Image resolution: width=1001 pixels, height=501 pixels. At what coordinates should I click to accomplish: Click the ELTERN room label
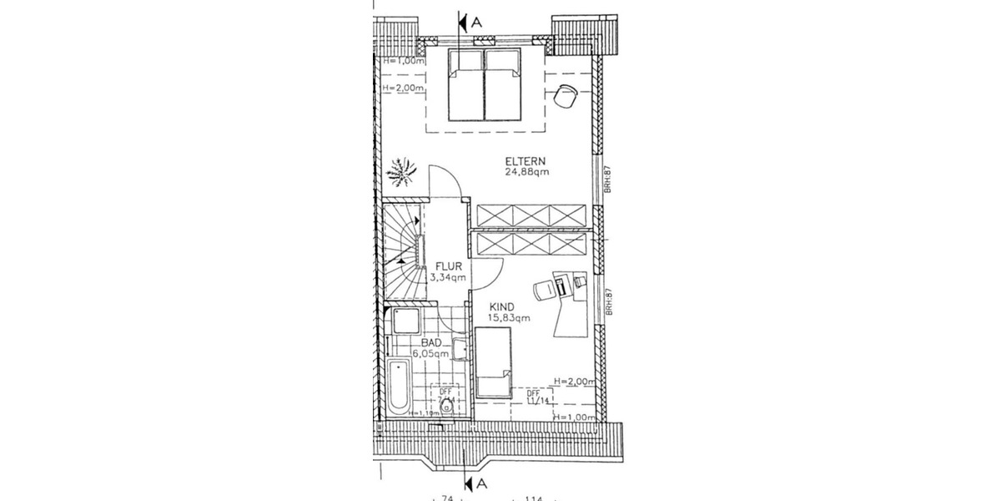pos(525,160)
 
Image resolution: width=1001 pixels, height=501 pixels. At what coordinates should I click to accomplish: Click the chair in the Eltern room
pos(566,96)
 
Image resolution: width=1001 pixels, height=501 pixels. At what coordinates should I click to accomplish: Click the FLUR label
pos(446,267)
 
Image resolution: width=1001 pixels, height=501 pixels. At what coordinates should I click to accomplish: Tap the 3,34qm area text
pos(446,278)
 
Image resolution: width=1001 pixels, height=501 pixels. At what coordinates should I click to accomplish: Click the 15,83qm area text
pos(509,317)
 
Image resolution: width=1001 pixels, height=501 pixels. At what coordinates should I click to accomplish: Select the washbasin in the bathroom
pos(460,347)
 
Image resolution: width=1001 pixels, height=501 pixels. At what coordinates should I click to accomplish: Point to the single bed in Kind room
pos(493,362)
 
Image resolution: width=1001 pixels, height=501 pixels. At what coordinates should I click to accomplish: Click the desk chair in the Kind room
pos(544,289)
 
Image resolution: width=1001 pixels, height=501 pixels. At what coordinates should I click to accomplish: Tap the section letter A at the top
pos(477,23)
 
